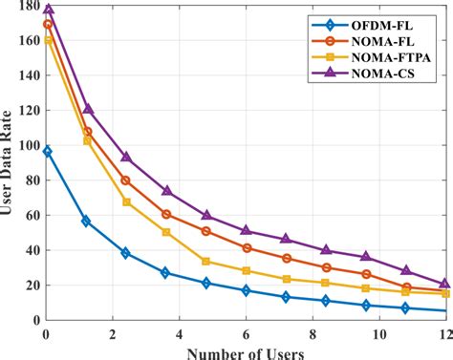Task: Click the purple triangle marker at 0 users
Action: click(x=48, y=10)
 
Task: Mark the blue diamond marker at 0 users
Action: click(x=48, y=152)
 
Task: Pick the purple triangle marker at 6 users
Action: click(x=247, y=230)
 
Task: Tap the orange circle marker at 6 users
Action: click(x=247, y=248)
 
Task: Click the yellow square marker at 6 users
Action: click(x=247, y=271)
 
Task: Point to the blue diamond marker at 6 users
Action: click(x=247, y=290)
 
